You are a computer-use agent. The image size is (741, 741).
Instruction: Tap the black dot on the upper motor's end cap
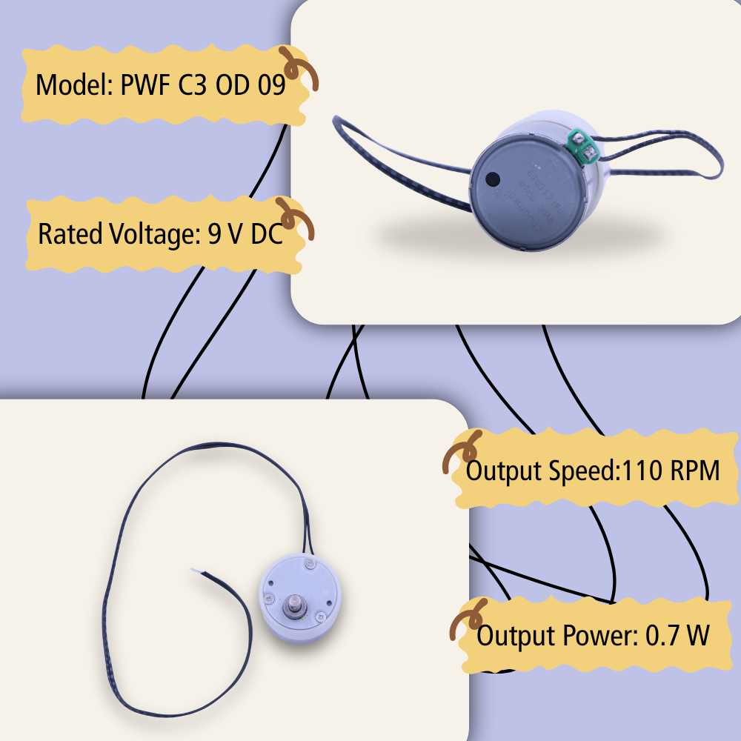(x=491, y=179)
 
